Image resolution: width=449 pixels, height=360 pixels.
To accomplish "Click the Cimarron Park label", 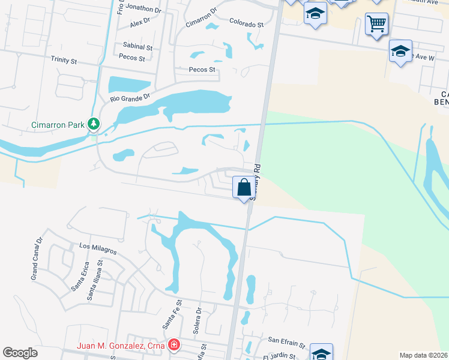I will (58, 125).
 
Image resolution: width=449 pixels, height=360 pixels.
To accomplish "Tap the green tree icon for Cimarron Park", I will (93, 124).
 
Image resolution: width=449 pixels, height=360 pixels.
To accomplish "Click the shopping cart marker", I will (376, 25).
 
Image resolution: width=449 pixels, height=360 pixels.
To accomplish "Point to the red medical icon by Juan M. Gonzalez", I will (173, 345).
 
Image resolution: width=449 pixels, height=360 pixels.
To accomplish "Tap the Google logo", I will (20, 353).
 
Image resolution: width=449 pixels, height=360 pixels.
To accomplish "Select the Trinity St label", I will (64, 60).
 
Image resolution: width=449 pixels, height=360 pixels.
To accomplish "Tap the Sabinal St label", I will (137, 46).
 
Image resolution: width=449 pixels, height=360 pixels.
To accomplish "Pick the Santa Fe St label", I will (170, 315).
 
